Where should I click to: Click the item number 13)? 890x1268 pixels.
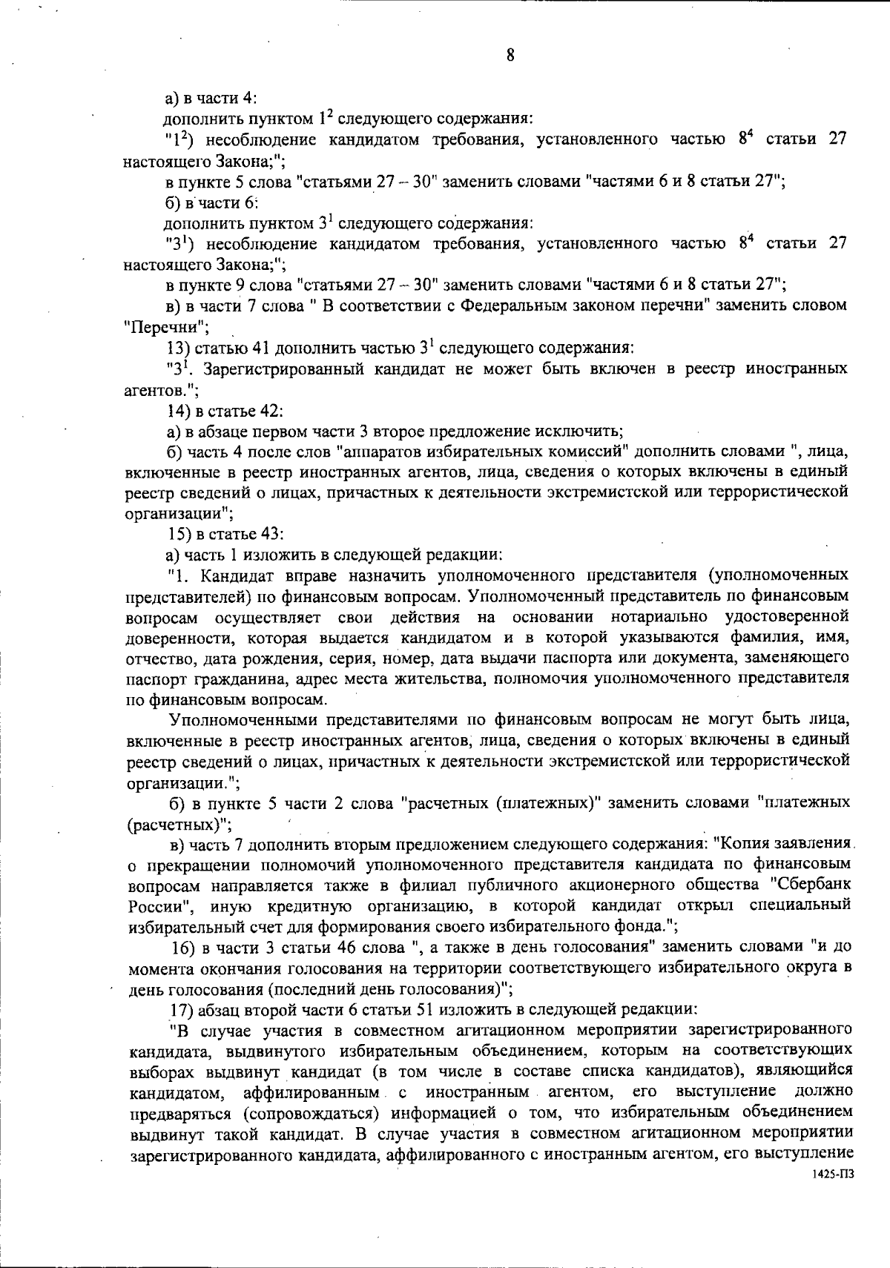click(x=179, y=347)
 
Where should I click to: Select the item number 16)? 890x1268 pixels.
click(x=184, y=947)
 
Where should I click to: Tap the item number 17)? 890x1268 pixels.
click(x=183, y=1009)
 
